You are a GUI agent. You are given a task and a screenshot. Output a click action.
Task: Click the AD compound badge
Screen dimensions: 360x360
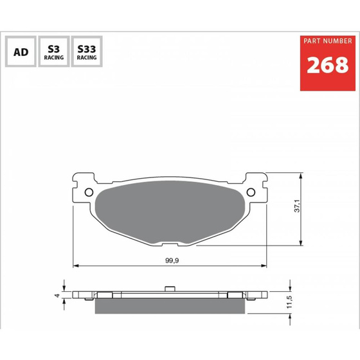tap(21, 51)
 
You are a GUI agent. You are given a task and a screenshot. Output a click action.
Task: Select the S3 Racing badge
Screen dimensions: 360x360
tap(54, 51)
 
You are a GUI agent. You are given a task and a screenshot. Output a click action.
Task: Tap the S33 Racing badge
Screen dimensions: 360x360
tap(87, 51)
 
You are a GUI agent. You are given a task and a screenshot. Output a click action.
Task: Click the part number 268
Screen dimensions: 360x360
tap(328, 65)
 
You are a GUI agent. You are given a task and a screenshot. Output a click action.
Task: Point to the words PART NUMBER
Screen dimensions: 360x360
tap(328, 41)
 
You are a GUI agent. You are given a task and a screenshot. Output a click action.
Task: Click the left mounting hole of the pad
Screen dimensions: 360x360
tap(89, 192)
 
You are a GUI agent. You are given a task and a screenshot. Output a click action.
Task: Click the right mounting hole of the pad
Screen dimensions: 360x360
tap(251, 192)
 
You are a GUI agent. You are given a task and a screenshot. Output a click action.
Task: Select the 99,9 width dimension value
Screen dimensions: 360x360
tap(172, 260)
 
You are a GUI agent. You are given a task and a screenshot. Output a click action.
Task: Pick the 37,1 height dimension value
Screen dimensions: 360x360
tap(297, 206)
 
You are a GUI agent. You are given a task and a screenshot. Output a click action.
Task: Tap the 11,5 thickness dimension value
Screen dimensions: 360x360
tap(289, 301)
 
